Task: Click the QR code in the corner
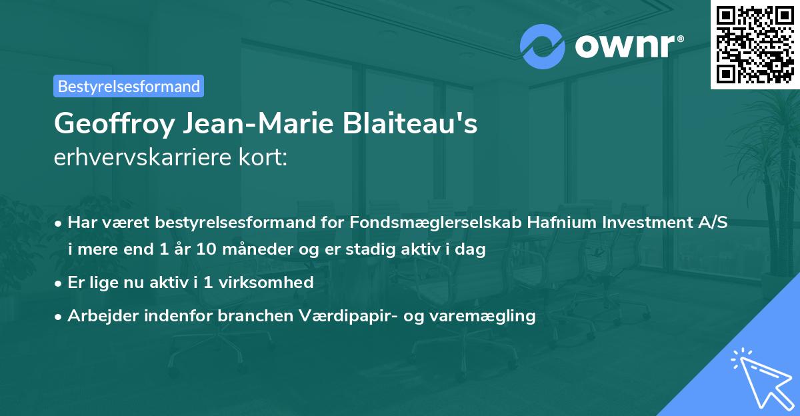pos(755,45)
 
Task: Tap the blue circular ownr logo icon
pos(542,46)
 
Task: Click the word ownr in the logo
pos(627,47)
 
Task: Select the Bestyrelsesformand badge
pos(129,86)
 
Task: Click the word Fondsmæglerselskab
pos(421,223)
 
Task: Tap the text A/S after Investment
pos(710,223)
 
